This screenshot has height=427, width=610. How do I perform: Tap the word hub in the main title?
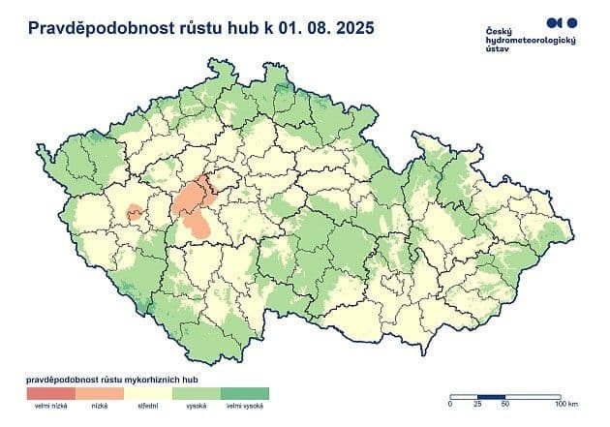236,28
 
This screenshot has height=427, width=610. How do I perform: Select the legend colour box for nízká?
101,393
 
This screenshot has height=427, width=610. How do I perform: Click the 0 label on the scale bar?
450,404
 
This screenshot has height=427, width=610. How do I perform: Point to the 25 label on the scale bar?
477,404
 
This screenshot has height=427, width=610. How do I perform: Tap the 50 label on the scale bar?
504,404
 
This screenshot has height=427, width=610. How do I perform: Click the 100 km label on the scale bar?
564,404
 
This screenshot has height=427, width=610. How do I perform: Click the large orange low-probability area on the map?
197,208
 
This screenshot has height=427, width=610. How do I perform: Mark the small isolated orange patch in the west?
134,211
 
